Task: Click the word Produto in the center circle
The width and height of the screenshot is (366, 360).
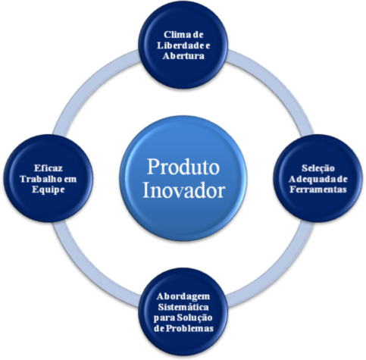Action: pos(183,167)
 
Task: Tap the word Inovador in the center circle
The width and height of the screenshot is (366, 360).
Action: pos(183,190)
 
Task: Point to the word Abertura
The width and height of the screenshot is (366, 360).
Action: pos(183,56)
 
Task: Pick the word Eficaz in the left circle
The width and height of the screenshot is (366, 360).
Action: pos(48,168)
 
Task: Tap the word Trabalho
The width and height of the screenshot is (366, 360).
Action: pos(41,179)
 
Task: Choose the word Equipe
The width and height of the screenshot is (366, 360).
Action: pos(48,189)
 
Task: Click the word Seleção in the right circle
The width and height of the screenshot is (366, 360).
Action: pos(318,168)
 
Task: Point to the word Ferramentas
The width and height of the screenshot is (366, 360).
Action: pos(318,189)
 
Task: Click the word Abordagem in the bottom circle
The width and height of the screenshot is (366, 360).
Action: pos(183,297)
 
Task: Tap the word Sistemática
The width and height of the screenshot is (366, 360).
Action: pos(183,307)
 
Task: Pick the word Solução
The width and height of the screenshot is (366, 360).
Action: pos(194,318)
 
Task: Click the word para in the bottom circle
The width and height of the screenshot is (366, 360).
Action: pos(164,318)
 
